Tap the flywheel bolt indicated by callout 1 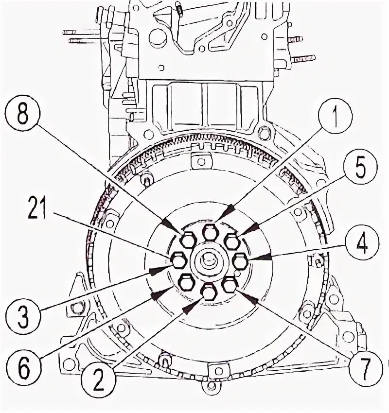[210, 232]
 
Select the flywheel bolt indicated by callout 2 [209, 293]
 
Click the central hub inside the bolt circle [210, 262]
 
